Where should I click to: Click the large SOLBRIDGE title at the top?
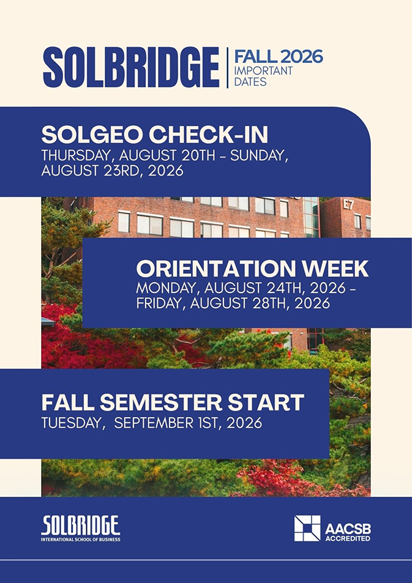(131, 67)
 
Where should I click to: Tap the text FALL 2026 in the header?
(279, 56)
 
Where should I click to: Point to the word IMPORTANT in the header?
(263, 70)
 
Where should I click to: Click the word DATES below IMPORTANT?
(250, 81)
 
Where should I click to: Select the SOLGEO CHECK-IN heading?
(154, 135)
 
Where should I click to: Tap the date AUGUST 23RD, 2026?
(113, 170)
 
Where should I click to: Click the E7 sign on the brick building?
(348, 205)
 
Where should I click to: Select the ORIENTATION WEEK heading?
(252, 269)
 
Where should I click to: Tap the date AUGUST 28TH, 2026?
(260, 303)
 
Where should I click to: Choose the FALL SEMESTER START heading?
(173, 403)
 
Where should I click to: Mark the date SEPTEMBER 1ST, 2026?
(188, 423)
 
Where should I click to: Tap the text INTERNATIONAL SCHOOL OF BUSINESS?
(80, 539)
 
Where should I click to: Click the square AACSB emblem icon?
(307, 528)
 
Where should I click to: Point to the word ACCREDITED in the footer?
(348, 538)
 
